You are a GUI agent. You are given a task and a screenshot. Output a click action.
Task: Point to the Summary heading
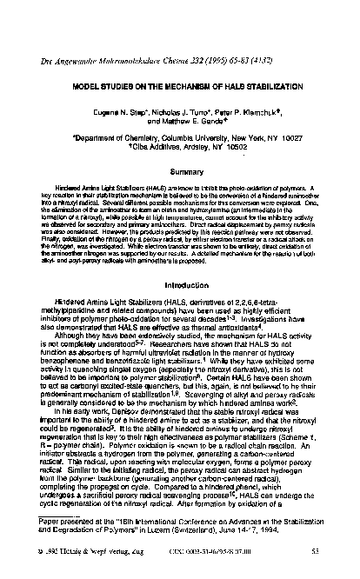[179, 171]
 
